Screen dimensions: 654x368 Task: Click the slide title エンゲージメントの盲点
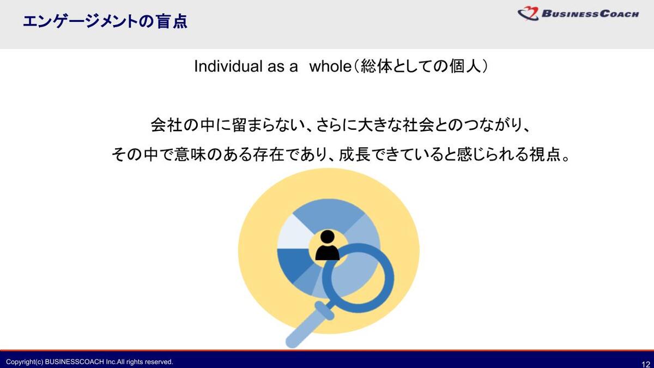click(105, 22)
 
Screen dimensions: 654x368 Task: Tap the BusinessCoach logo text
click(590, 14)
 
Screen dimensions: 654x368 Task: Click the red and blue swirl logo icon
click(528, 14)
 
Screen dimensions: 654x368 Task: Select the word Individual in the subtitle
click(228, 66)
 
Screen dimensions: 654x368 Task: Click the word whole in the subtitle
click(330, 66)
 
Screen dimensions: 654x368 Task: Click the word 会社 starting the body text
click(166, 125)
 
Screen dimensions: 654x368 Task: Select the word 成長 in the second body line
click(354, 154)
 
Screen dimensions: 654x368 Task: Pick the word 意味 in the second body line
click(190, 154)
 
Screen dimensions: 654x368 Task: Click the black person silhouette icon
click(328, 245)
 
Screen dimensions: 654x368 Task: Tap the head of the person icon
click(328, 236)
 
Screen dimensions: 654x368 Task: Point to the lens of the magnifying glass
click(358, 277)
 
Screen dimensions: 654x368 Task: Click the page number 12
click(645, 364)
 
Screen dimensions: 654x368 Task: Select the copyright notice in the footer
click(89, 362)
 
